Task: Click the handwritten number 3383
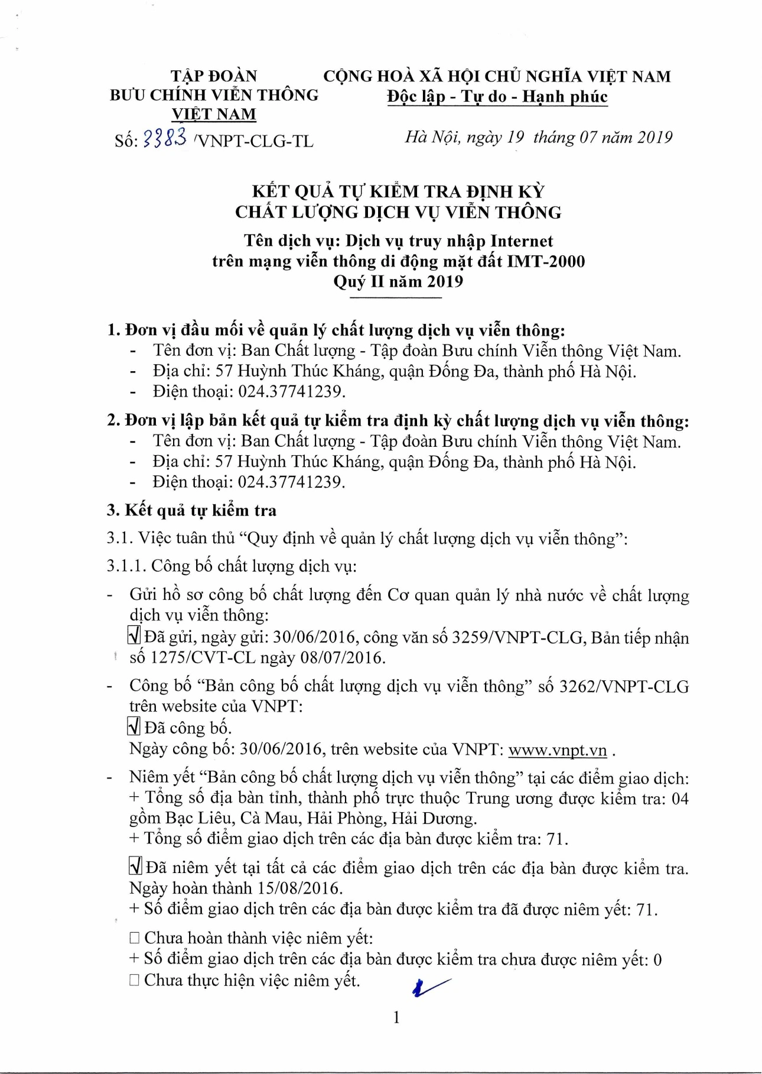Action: pyautogui.click(x=165, y=138)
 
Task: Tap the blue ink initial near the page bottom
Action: pyautogui.click(x=430, y=986)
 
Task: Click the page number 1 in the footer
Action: pyautogui.click(x=396, y=1017)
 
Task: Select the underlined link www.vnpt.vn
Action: pyautogui.click(x=557, y=749)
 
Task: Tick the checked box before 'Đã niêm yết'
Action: pyautogui.click(x=135, y=867)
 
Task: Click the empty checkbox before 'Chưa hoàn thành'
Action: pyautogui.click(x=135, y=938)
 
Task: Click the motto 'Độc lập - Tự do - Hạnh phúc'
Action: pyautogui.click(x=497, y=96)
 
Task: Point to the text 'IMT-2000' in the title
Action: pyautogui.click(x=546, y=261)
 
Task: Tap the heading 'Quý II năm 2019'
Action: pyautogui.click(x=398, y=281)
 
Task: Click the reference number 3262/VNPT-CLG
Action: pyautogui.click(x=624, y=686)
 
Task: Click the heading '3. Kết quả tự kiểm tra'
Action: pyautogui.click(x=191, y=510)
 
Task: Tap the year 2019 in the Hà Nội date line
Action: pyautogui.click(x=655, y=137)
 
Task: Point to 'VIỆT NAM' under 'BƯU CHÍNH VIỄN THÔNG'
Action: pyautogui.click(x=214, y=113)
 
